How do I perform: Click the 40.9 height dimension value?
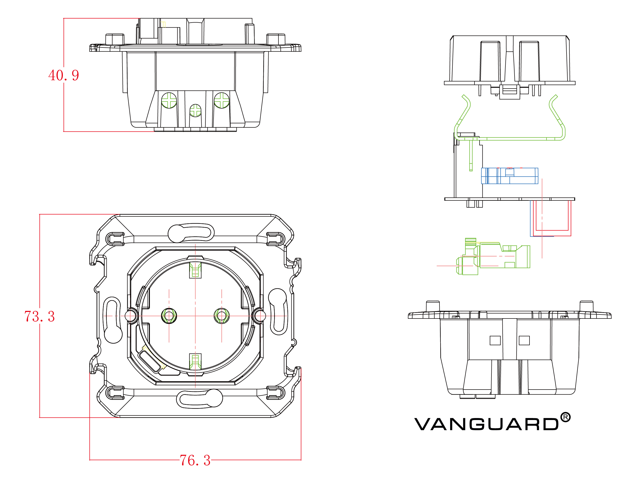pos(64,75)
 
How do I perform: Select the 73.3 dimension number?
pos(40,316)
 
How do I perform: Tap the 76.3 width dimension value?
pos(195,460)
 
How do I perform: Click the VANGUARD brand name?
pos(486,424)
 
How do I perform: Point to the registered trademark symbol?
pos(565,417)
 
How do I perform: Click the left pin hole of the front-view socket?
pos(169,316)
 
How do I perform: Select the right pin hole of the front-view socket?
pos(222,316)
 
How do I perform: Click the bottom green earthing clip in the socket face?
pos(195,362)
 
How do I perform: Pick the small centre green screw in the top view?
pos(195,110)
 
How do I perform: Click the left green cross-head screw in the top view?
pos(169,100)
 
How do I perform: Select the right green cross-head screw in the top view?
pos(222,100)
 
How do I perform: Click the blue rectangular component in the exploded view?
pos(509,176)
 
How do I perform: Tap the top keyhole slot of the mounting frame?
pos(191,232)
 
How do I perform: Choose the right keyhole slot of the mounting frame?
pos(278,312)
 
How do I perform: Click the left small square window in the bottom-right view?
pos(495,341)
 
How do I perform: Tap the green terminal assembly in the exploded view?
pos(494,257)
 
